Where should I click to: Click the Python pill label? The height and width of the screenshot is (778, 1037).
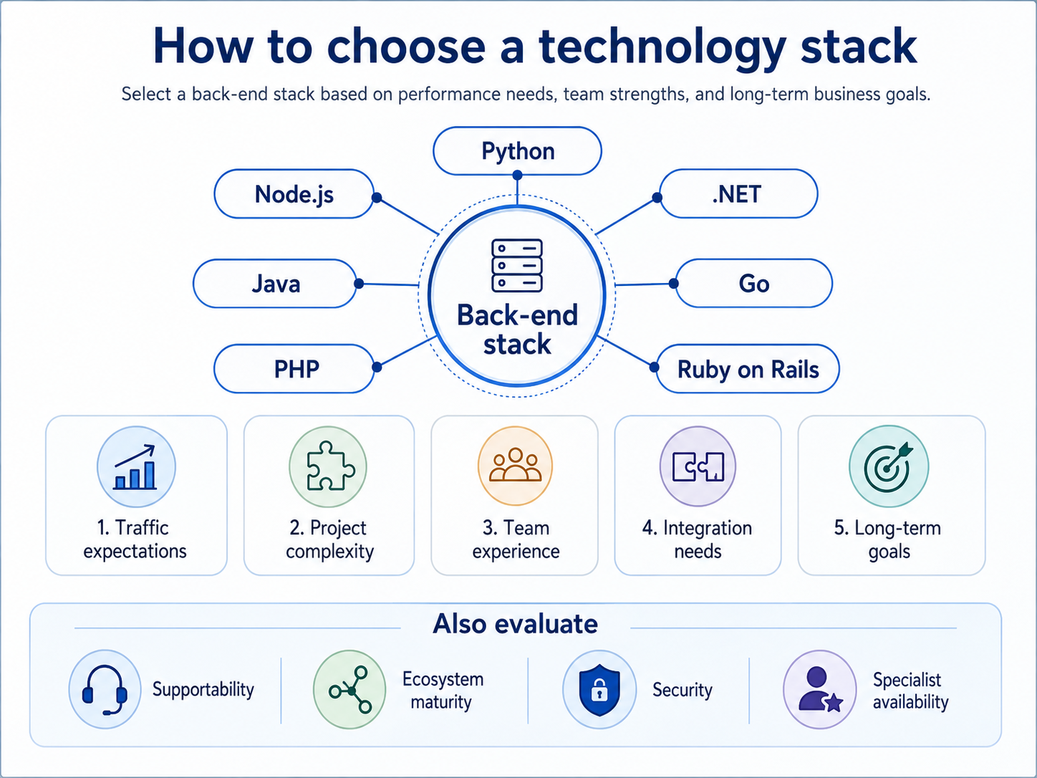coord(517,151)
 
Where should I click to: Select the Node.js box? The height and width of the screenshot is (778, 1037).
coord(294,193)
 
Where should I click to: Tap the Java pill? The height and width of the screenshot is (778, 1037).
coord(275,284)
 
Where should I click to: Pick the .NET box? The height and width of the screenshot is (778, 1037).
coord(738,193)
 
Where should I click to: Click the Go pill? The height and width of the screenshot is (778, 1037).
coord(753,284)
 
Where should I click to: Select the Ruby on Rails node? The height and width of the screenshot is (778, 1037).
coord(748,368)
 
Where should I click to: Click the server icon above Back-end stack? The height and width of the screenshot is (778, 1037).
coord(517,266)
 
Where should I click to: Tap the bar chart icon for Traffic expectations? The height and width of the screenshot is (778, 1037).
coord(136,466)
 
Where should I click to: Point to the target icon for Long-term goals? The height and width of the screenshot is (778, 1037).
coord(889,466)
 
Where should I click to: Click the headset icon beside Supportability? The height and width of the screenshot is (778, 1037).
coord(105,689)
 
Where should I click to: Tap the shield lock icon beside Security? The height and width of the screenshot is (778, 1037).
coord(599,690)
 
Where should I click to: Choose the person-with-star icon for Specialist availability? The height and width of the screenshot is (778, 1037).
coord(820,690)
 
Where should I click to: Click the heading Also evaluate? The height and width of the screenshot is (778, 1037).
coord(516,623)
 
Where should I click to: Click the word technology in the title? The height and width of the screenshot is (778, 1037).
coord(663,48)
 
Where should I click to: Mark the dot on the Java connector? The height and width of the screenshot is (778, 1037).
coord(359,284)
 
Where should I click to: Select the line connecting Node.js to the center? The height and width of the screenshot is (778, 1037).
coord(407,216)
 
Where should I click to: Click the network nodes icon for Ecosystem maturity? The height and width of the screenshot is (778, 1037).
coord(349,690)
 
